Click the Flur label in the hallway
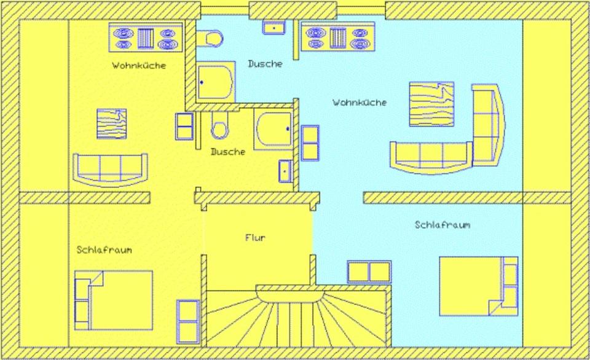pyautogui.click(x=255, y=238)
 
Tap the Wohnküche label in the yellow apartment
pyautogui.click(x=138, y=65)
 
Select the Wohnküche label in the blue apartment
pyautogui.click(x=360, y=103)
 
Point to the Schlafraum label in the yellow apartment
pyautogui.click(x=104, y=250)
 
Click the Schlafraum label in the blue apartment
pyautogui.click(x=442, y=225)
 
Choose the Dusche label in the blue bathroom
pyautogui.click(x=265, y=63)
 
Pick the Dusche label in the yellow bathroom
pyautogui.click(x=227, y=151)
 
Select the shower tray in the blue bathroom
pyautogui.click(x=216, y=81)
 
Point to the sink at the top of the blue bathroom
pyautogui.click(x=273, y=28)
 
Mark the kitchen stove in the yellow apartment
pyautogui.click(x=146, y=37)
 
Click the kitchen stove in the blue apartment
pyautogui.click(x=337, y=36)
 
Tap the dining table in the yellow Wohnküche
pyautogui.click(x=112, y=123)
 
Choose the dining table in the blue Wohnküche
pyautogui.click(x=431, y=104)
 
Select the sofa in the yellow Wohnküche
pyautogui.click(x=111, y=169)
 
